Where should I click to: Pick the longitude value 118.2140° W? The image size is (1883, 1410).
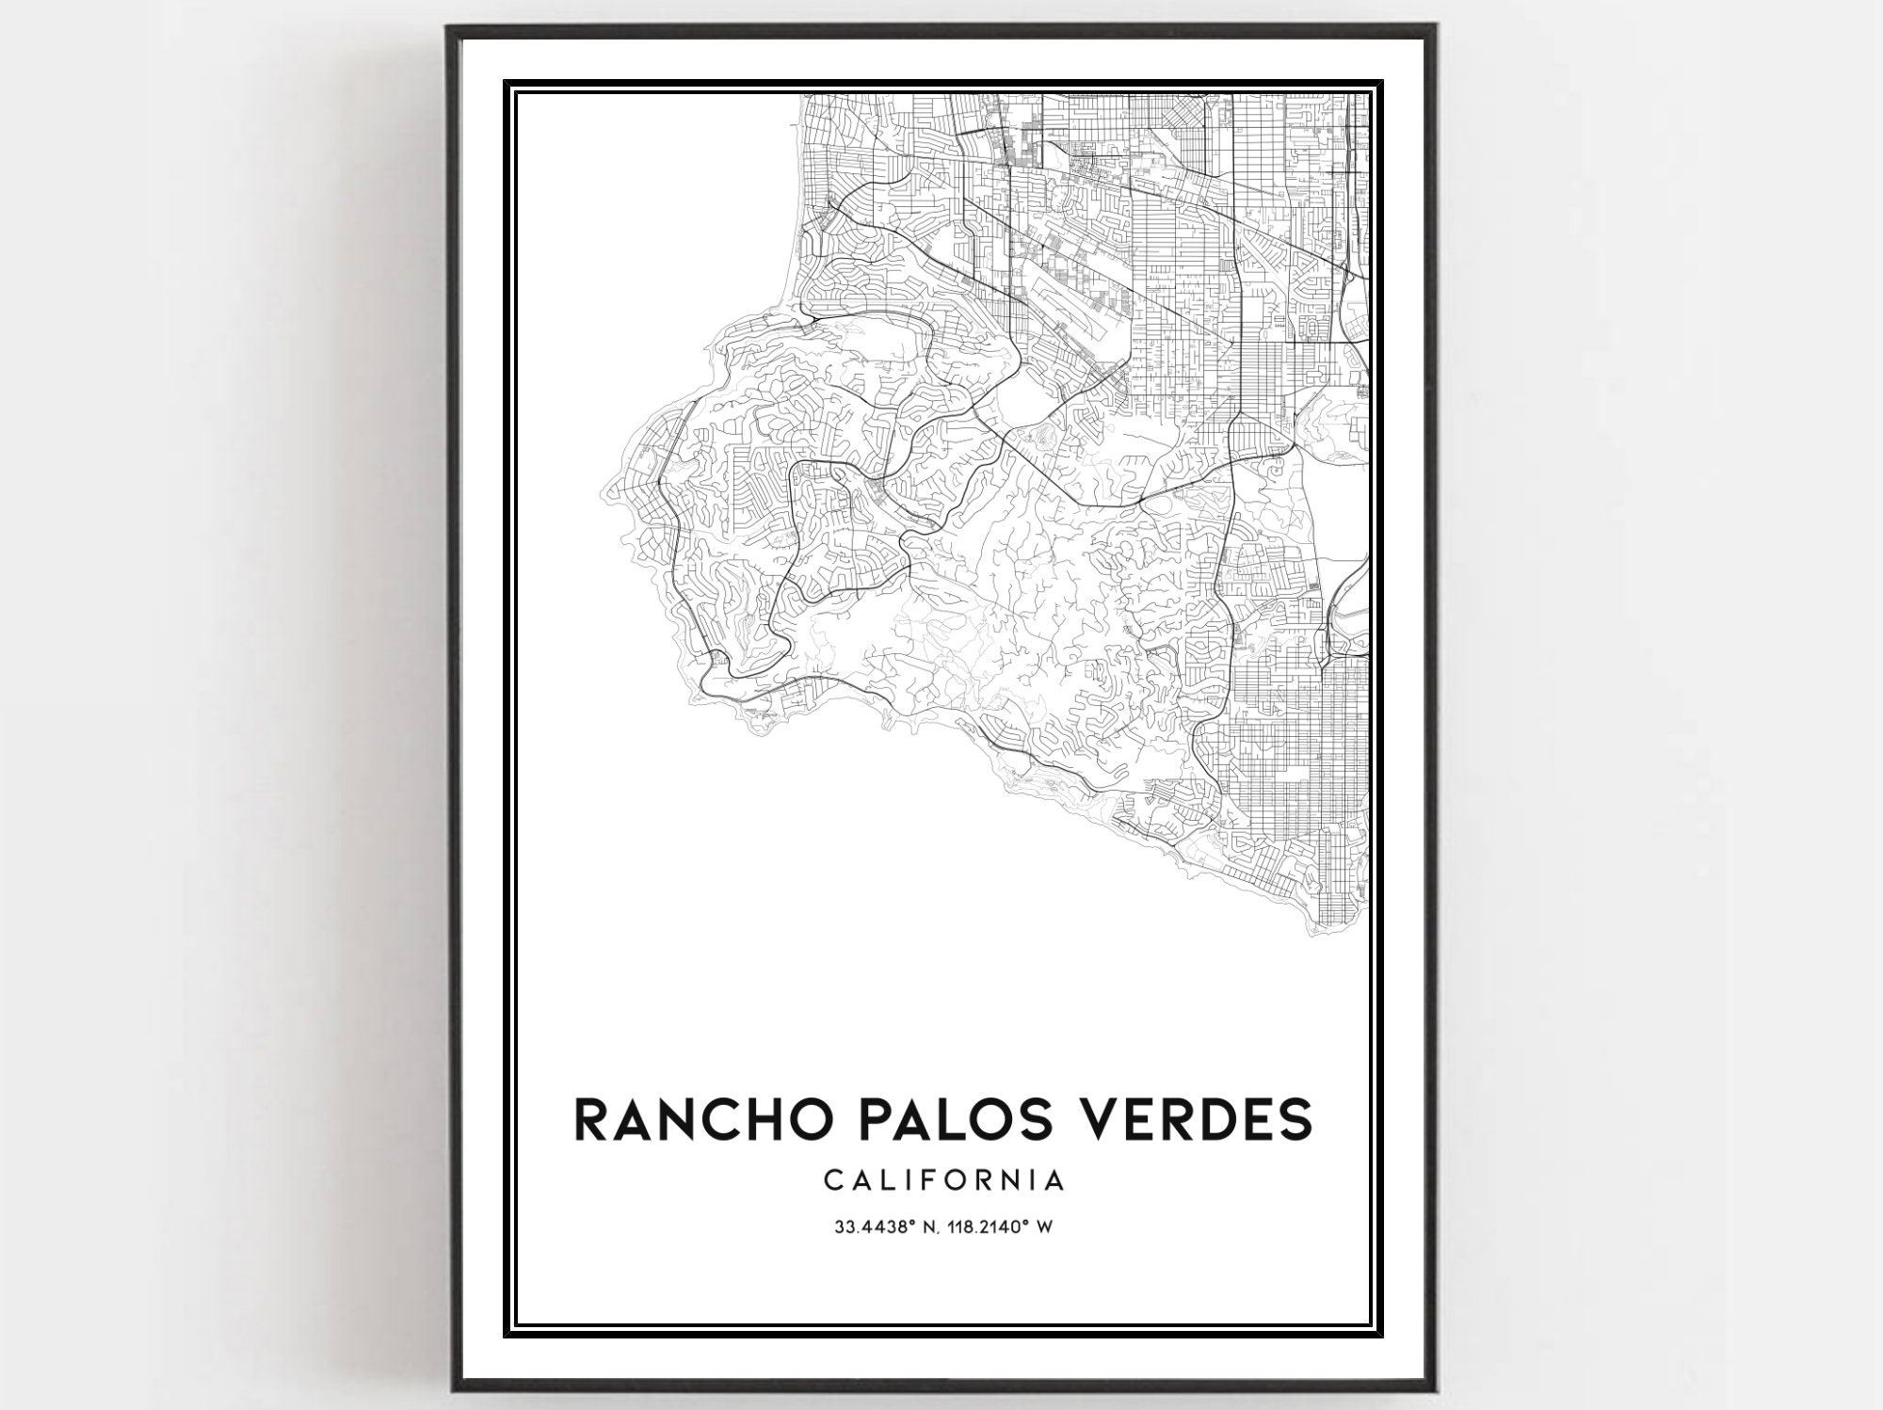pos(1002,1226)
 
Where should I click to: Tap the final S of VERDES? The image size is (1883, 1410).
pos(1295,1118)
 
